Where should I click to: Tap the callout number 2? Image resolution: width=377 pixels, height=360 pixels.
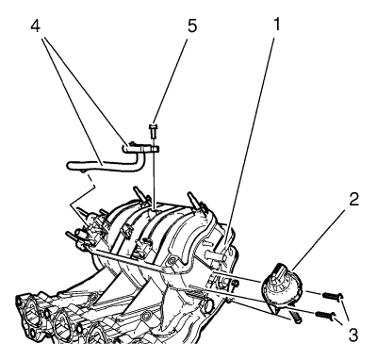pyautogui.click(x=353, y=200)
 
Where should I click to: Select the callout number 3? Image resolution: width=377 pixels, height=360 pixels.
pyautogui.click(x=352, y=335)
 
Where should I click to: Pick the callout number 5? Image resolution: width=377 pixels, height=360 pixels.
pyautogui.click(x=192, y=26)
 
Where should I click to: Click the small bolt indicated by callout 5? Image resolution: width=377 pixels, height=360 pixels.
pyautogui.click(x=153, y=130)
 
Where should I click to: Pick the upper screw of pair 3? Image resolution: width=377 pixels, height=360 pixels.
pyautogui.click(x=332, y=296)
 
